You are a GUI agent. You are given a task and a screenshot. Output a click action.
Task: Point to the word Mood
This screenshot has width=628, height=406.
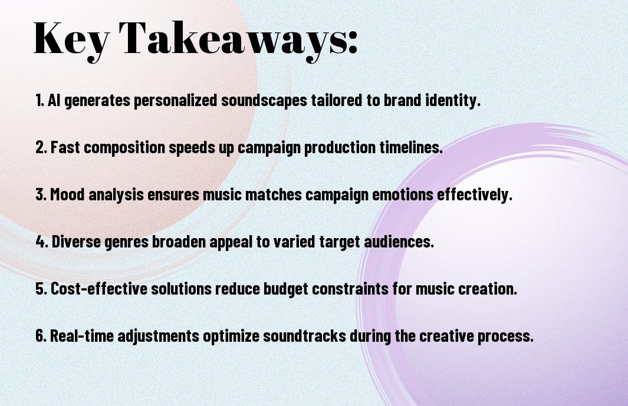[x=67, y=194]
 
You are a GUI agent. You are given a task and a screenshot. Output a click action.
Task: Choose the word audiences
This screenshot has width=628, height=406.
[x=398, y=242]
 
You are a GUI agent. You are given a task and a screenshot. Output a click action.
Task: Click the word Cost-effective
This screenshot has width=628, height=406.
[x=99, y=288]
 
